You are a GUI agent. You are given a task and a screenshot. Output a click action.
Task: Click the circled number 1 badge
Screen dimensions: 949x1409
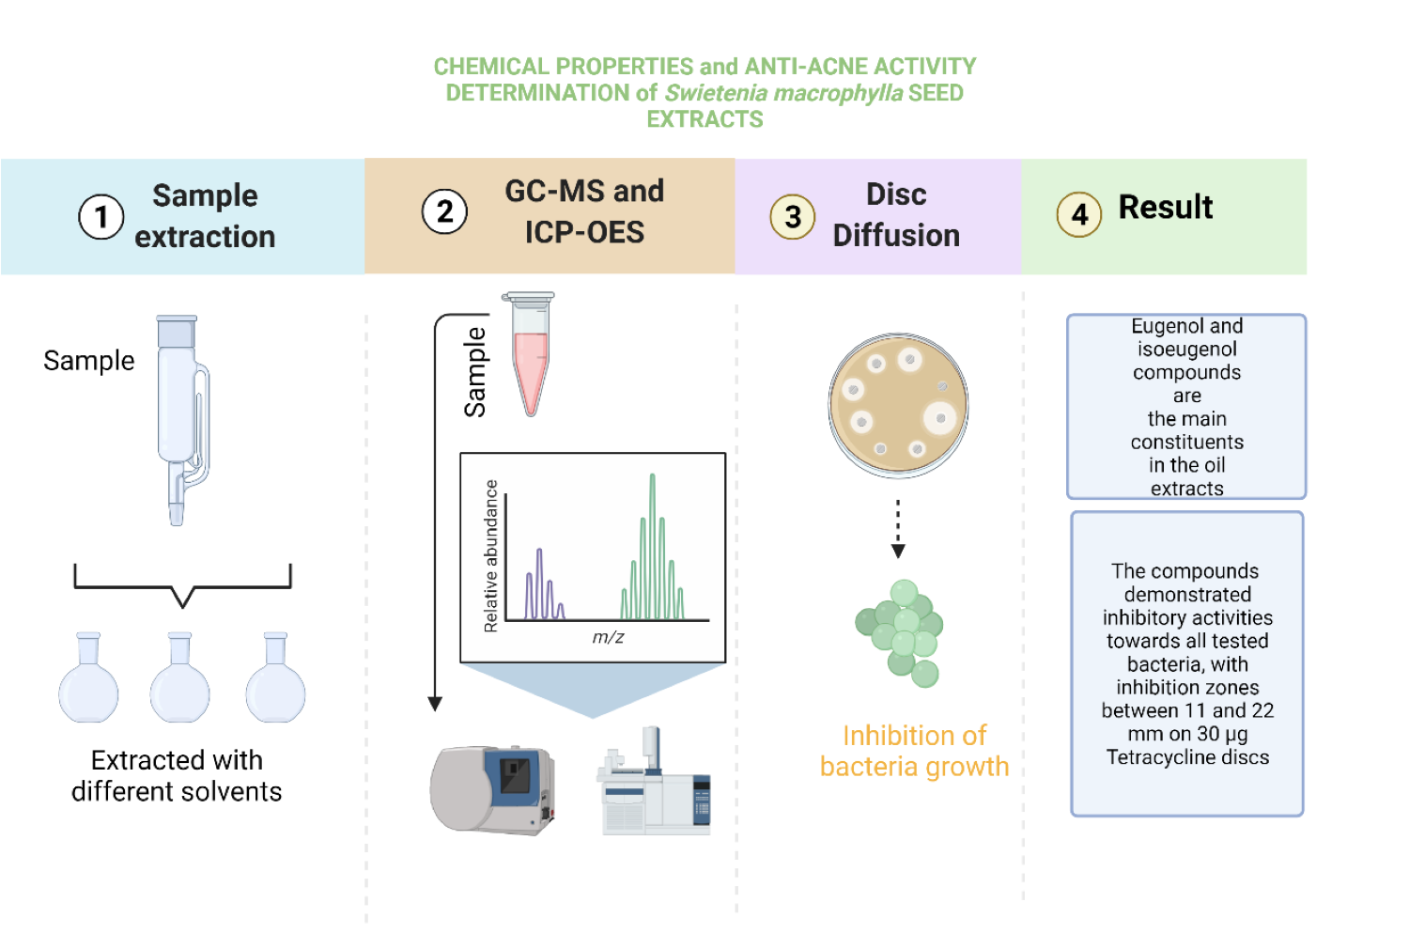click(x=101, y=217)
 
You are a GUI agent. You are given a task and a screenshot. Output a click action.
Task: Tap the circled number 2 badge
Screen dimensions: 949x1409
click(x=444, y=212)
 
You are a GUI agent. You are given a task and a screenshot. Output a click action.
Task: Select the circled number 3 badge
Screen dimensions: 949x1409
click(x=793, y=216)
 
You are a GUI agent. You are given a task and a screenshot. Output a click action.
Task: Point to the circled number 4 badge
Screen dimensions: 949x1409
click(x=1079, y=215)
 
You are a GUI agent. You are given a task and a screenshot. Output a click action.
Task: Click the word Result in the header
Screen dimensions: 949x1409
click(x=1165, y=207)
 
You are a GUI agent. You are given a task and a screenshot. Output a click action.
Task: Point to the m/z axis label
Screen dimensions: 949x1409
click(x=608, y=637)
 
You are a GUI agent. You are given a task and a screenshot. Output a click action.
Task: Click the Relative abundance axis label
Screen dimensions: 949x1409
click(x=490, y=556)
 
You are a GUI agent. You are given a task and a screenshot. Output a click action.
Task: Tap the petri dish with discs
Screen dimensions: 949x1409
click(x=898, y=405)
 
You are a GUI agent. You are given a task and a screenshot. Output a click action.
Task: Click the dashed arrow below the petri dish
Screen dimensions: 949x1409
click(x=898, y=528)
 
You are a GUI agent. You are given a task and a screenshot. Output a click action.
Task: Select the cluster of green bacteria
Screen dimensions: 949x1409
click(x=901, y=630)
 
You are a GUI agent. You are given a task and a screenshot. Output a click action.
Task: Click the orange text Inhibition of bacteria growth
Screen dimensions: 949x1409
click(x=914, y=751)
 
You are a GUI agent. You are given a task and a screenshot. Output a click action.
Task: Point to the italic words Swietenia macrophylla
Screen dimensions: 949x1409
click(x=783, y=93)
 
